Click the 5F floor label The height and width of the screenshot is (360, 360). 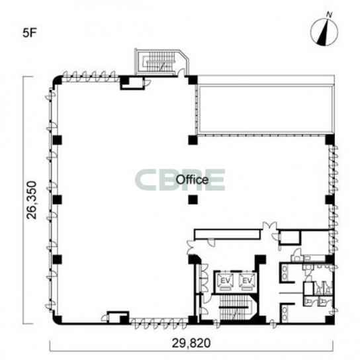[30, 33]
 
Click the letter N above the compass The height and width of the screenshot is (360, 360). [329, 15]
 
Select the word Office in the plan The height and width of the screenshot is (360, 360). [192, 180]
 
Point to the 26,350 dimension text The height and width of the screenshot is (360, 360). [32, 200]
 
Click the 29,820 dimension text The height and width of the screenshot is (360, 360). [191, 343]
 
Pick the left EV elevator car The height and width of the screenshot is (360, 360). [225, 281]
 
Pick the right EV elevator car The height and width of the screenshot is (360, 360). [247, 281]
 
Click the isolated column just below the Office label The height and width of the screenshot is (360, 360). [193, 200]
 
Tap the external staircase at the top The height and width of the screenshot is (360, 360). [161, 62]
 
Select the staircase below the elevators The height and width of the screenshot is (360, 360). [236, 307]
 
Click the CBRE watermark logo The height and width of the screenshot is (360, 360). [180, 180]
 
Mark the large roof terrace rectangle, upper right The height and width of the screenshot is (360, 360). [266, 110]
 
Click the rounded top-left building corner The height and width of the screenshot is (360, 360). [56, 79]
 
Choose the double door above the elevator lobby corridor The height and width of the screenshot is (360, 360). [270, 226]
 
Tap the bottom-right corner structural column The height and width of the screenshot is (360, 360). [330, 320]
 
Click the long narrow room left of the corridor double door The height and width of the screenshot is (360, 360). [227, 234]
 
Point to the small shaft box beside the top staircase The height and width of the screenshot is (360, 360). [132, 83]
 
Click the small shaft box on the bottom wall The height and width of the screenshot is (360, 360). [118, 317]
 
